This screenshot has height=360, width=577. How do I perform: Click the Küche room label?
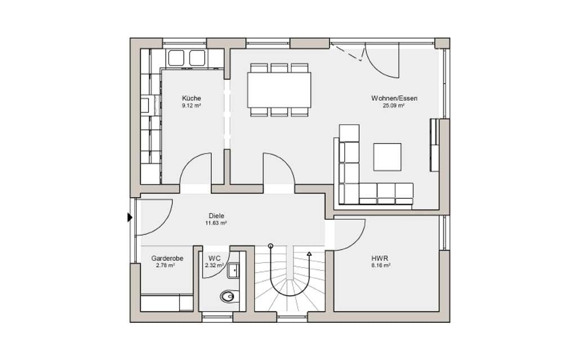point(192,98)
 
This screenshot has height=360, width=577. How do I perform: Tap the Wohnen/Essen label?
point(394,98)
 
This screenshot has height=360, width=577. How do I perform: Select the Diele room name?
point(216,216)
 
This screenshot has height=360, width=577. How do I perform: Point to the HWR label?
point(380,259)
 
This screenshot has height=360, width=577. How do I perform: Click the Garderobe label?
point(167,259)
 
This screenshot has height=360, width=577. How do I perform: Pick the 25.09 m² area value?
point(394,106)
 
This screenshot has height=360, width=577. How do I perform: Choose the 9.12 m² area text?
point(192,106)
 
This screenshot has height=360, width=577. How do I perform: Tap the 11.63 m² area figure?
point(216,223)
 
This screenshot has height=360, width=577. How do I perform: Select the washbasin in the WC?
point(233,270)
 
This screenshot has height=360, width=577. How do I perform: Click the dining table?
point(279,90)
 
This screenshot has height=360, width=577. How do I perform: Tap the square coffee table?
point(387,157)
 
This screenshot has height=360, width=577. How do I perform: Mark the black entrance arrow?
point(130,217)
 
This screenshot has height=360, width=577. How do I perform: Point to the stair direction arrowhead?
point(309,254)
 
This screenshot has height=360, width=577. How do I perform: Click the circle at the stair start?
point(271,246)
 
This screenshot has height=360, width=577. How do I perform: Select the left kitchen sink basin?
point(176,58)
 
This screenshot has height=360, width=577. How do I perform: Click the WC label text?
point(214,259)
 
